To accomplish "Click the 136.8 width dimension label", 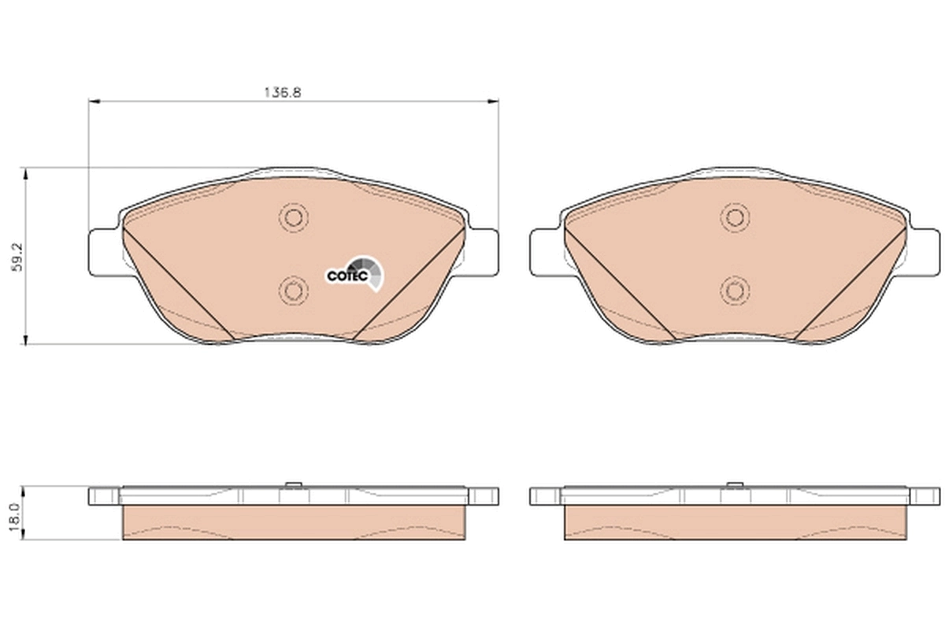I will [283, 91].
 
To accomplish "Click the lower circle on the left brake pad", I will [294, 291].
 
